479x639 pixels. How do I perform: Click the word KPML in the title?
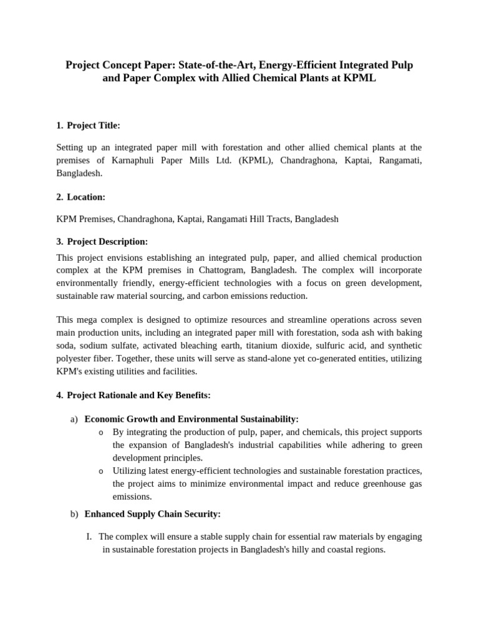pyautogui.click(x=360, y=79)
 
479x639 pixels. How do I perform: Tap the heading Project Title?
pyautogui.click(x=94, y=125)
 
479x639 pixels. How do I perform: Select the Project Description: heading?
pyautogui.click(x=107, y=241)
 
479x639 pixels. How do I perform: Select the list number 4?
pyautogui.click(x=59, y=395)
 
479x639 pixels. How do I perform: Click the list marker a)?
pyautogui.click(x=74, y=419)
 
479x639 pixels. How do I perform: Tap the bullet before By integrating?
pyautogui.click(x=102, y=432)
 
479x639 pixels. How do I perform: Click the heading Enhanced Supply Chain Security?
pyautogui.click(x=152, y=514)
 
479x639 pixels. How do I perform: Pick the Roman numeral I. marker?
pyautogui.click(x=89, y=537)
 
